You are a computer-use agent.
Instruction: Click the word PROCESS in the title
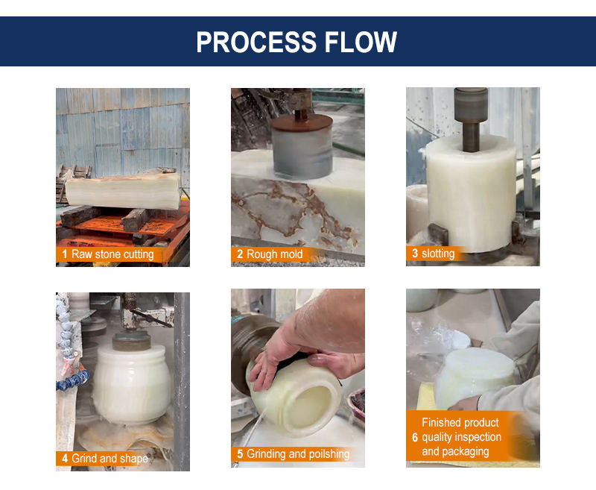tap(256, 42)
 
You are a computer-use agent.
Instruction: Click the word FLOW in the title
tap(361, 42)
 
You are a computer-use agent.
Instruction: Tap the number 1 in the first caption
tap(65, 254)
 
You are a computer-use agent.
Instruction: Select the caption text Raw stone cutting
tap(112, 254)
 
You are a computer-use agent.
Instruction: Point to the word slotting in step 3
tap(438, 254)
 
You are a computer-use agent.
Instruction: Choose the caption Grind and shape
tap(110, 459)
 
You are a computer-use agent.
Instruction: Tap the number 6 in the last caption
tap(415, 437)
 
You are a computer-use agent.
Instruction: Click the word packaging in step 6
tap(465, 451)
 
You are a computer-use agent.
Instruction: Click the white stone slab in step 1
tap(122, 191)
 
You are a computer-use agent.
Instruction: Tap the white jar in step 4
tap(132, 384)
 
